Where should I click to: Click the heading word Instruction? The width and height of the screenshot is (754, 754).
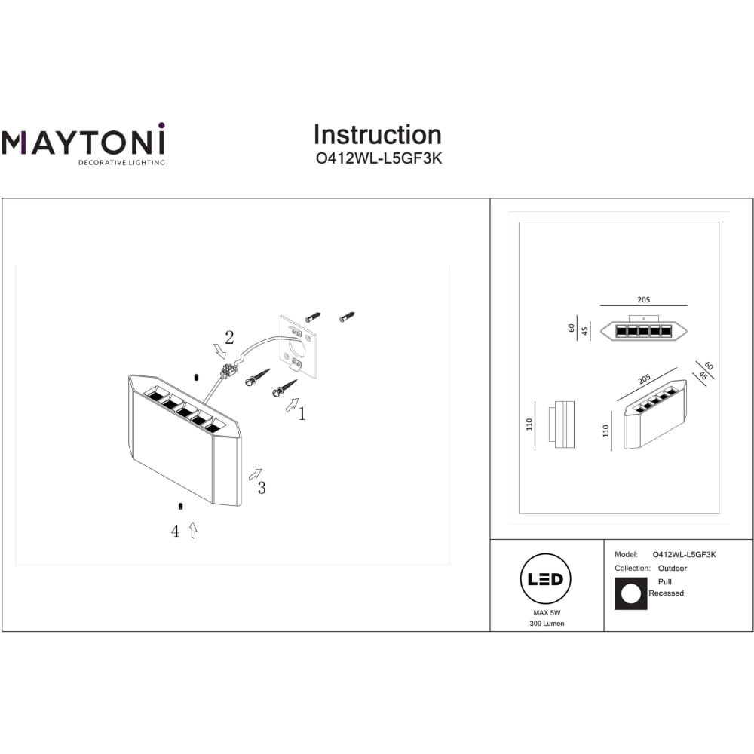click(x=378, y=135)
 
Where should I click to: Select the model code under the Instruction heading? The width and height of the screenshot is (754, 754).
click(x=379, y=158)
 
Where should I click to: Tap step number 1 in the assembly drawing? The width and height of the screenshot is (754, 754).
click(x=302, y=413)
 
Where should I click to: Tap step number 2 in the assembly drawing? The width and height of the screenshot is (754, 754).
click(x=229, y=338)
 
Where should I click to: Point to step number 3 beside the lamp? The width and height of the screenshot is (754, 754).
click(x=262, y=488)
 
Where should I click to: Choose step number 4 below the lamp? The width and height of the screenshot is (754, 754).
click(x=175, y=532)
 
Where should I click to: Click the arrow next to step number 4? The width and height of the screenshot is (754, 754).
click(x=193, y=530)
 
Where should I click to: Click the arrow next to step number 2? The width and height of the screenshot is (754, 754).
click(x=219, y=351)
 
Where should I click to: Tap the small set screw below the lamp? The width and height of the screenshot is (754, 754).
click(x=180, y=506)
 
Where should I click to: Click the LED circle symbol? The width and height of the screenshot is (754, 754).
click(x=545, y=578)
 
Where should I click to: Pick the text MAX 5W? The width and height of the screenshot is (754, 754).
click(x=547, y=612)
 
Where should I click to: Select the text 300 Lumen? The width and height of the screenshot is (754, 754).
click(x=547, y=624)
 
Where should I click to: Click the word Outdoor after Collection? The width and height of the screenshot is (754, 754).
click(x=673, y=568)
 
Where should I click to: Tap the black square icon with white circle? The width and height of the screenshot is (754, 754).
click(x=631, y=594)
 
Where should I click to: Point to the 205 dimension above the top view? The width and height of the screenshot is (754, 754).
click(x=643, y=299)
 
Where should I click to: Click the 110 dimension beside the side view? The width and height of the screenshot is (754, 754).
click(x=529, y=424)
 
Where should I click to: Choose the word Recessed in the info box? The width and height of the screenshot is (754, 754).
click(x=666, y=593)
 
